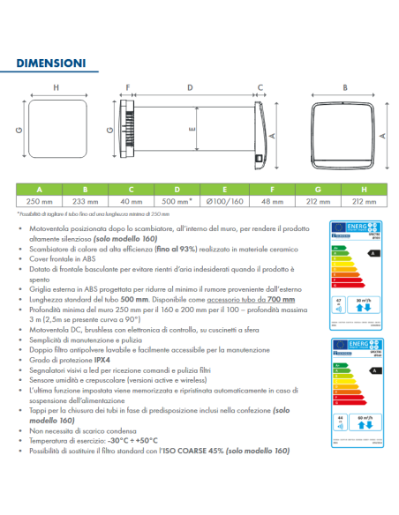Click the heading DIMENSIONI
pos(50,63)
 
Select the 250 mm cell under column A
pos(40,201)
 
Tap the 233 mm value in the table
pos(85,201)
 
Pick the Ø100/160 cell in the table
pos(224,201)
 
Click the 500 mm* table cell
pos(178,201)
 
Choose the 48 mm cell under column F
pos(271,201)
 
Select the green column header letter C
pos(132,189)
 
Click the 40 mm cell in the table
pos(132,201)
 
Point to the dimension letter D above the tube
pos(190,87)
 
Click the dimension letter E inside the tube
pos(192,127)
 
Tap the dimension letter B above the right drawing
pos(344,87)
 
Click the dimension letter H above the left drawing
pos(56,87)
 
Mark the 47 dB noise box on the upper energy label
pos(339,304)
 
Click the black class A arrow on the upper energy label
pos(373,251)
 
